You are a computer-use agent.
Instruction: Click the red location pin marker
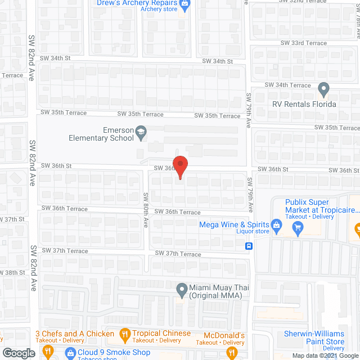point(179,167)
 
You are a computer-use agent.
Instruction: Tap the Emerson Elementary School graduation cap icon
point(141,133)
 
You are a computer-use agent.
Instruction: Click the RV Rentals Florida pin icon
point(323,89)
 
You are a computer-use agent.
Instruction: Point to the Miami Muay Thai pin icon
point(182,291)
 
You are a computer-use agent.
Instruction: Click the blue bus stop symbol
point(249,246)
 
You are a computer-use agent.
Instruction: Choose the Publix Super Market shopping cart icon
point(298,228)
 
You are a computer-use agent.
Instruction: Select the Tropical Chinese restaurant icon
point(125,336)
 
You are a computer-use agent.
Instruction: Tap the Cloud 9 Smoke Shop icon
point(70,353)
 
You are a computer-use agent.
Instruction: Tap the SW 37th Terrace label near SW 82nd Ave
point(65,250)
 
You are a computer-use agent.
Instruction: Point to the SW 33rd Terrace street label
point(304,43)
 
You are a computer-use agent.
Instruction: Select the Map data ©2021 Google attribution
point(325,355)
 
